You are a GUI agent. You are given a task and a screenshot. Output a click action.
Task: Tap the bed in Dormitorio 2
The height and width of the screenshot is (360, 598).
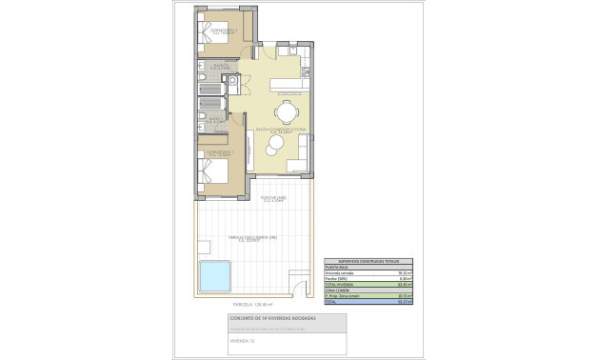coord(213,173)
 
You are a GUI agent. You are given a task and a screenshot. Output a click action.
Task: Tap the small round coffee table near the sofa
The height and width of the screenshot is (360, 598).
coord(274,144)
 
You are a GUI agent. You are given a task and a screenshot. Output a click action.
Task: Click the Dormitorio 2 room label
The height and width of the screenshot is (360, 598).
coord(217,152)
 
